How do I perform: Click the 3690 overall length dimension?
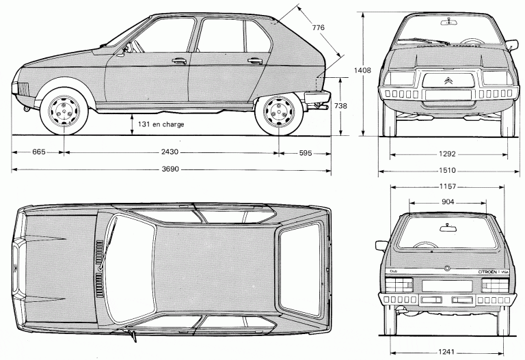[x=161, y=169]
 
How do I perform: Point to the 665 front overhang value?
[x=38, y=152]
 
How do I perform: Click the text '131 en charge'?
[x=161, y=124]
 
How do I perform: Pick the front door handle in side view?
[x=179, y=60]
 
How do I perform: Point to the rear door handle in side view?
[x=256, y=60]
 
